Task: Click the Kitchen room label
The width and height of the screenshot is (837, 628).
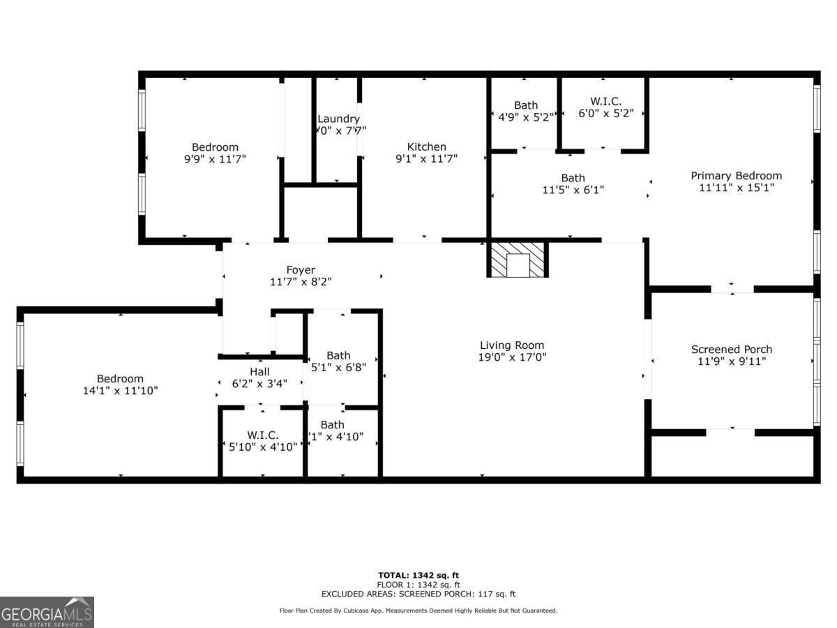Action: click(x=426, y=147)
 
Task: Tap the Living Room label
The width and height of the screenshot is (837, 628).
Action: click(x=512, y=345)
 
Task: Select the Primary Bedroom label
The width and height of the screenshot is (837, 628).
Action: click(x=736, y=175)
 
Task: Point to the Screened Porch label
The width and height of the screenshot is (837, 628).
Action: click(x=732, y=349)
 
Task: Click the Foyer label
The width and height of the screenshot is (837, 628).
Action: click(x=301, y=270)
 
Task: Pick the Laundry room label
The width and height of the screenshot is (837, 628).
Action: click(x=338, y=119)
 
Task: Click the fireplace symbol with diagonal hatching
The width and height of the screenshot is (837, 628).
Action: click(x=518, y=260)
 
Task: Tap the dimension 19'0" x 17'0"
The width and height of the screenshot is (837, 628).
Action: click(x=512, y=357)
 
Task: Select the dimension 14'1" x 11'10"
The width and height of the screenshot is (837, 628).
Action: click(x=121, y=391)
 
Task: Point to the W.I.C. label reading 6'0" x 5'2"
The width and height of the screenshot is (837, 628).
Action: click(x=605, y=114)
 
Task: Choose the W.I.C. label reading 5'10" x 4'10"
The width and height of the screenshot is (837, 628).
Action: click(x=262, y=447)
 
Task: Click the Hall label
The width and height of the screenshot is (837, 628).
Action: click(x=259, y=372)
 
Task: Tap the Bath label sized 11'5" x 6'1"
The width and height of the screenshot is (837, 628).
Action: click(x=573, y=178)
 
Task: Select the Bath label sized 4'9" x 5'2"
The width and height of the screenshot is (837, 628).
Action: click(x=526, y=105)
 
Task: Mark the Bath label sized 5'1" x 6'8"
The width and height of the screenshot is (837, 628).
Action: click(x=338, y=355)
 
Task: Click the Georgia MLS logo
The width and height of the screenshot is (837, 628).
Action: click(x=47, y=612)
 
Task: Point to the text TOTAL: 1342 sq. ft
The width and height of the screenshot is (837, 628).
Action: click(x=418, y=575)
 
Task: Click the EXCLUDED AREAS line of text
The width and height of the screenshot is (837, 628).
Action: click(x=418, y=595)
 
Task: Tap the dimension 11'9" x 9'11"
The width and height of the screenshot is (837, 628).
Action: click(x=732, y=361)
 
